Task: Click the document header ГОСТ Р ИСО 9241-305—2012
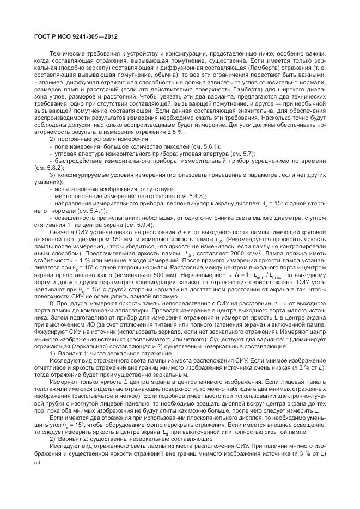pos(72,38)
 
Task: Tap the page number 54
pos(38,461)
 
